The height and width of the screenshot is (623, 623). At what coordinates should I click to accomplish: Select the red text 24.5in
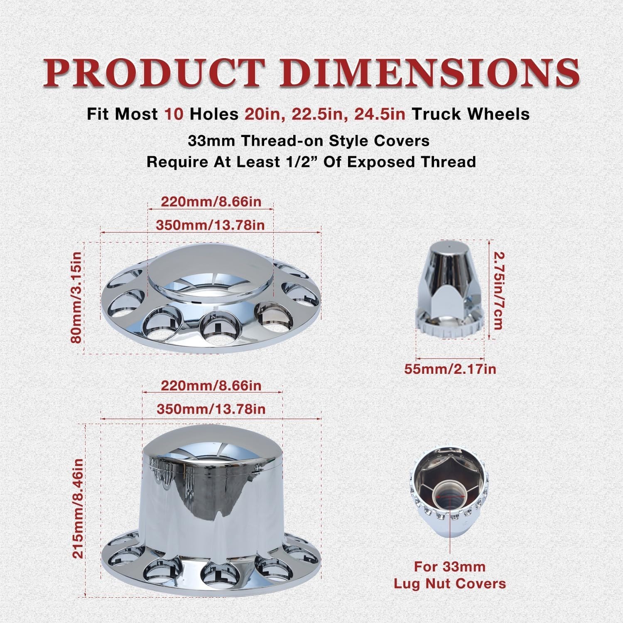pyautogui.click(x=380, y=114)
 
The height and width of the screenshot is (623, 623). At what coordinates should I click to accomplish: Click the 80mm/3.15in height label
pyautogui.click(x=77, y=298)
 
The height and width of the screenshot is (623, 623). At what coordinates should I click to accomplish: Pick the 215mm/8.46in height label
pyautogui.click(x=78, y=508)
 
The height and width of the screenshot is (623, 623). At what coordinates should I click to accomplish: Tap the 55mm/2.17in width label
pyautogui.click(x=450, y=368)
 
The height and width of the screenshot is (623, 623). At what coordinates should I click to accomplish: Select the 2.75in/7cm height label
pyautogui.click(x=498, y=290)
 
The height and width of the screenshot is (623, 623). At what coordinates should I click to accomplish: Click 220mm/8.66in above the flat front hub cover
pyautogui.click(x=211, y=201)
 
